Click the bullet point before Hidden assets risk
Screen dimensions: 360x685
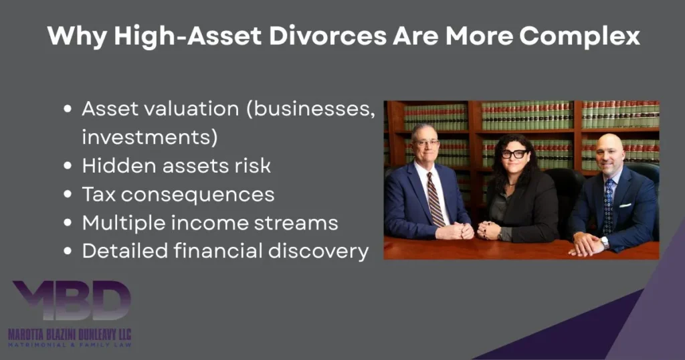(68, 166)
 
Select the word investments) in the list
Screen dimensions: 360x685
(150, 138)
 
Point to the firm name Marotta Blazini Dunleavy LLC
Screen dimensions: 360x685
(70, 333)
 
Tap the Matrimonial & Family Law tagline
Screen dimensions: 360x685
(70, 345)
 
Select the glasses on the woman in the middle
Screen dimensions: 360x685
(514, 154)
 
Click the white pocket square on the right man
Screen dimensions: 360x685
(625, 195)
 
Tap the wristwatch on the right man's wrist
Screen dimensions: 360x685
(604, 242)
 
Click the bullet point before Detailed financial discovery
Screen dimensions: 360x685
(68, 251)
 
